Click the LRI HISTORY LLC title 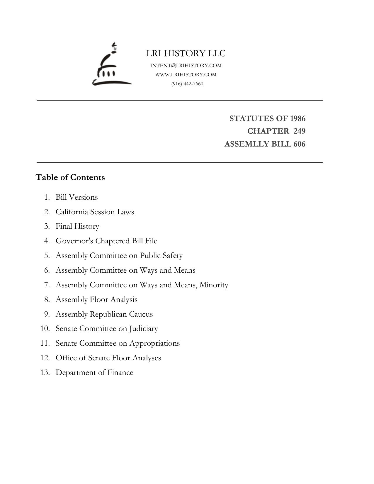186,53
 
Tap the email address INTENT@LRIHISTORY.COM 186,65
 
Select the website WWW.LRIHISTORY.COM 186,74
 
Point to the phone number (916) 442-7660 187,84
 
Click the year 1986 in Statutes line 297,118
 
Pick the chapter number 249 299,131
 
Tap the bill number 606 299,144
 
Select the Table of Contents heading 70,177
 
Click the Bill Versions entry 77,197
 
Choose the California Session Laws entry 95,212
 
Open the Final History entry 77,226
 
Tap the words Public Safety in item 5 161,256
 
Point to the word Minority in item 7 214,285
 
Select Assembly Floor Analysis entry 96,300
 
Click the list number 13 45,373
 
